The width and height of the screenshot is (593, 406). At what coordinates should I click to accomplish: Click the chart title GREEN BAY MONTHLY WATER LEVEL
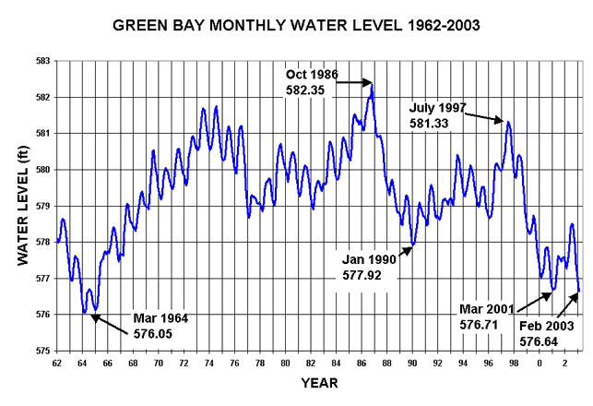[x=296, y=24]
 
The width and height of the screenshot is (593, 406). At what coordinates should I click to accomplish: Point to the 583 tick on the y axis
[x=42, y=61]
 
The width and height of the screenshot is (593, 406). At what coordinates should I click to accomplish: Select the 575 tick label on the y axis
[x=42, y=351]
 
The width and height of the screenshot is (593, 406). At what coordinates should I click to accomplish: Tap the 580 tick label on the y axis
[x=42, y=170]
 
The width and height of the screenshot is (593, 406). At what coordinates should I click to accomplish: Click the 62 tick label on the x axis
[x=57, y=363]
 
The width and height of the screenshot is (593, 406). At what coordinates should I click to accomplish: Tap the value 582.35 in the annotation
[x=305, y=90]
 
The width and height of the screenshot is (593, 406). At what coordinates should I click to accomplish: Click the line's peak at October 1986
[x=372, y=85]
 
